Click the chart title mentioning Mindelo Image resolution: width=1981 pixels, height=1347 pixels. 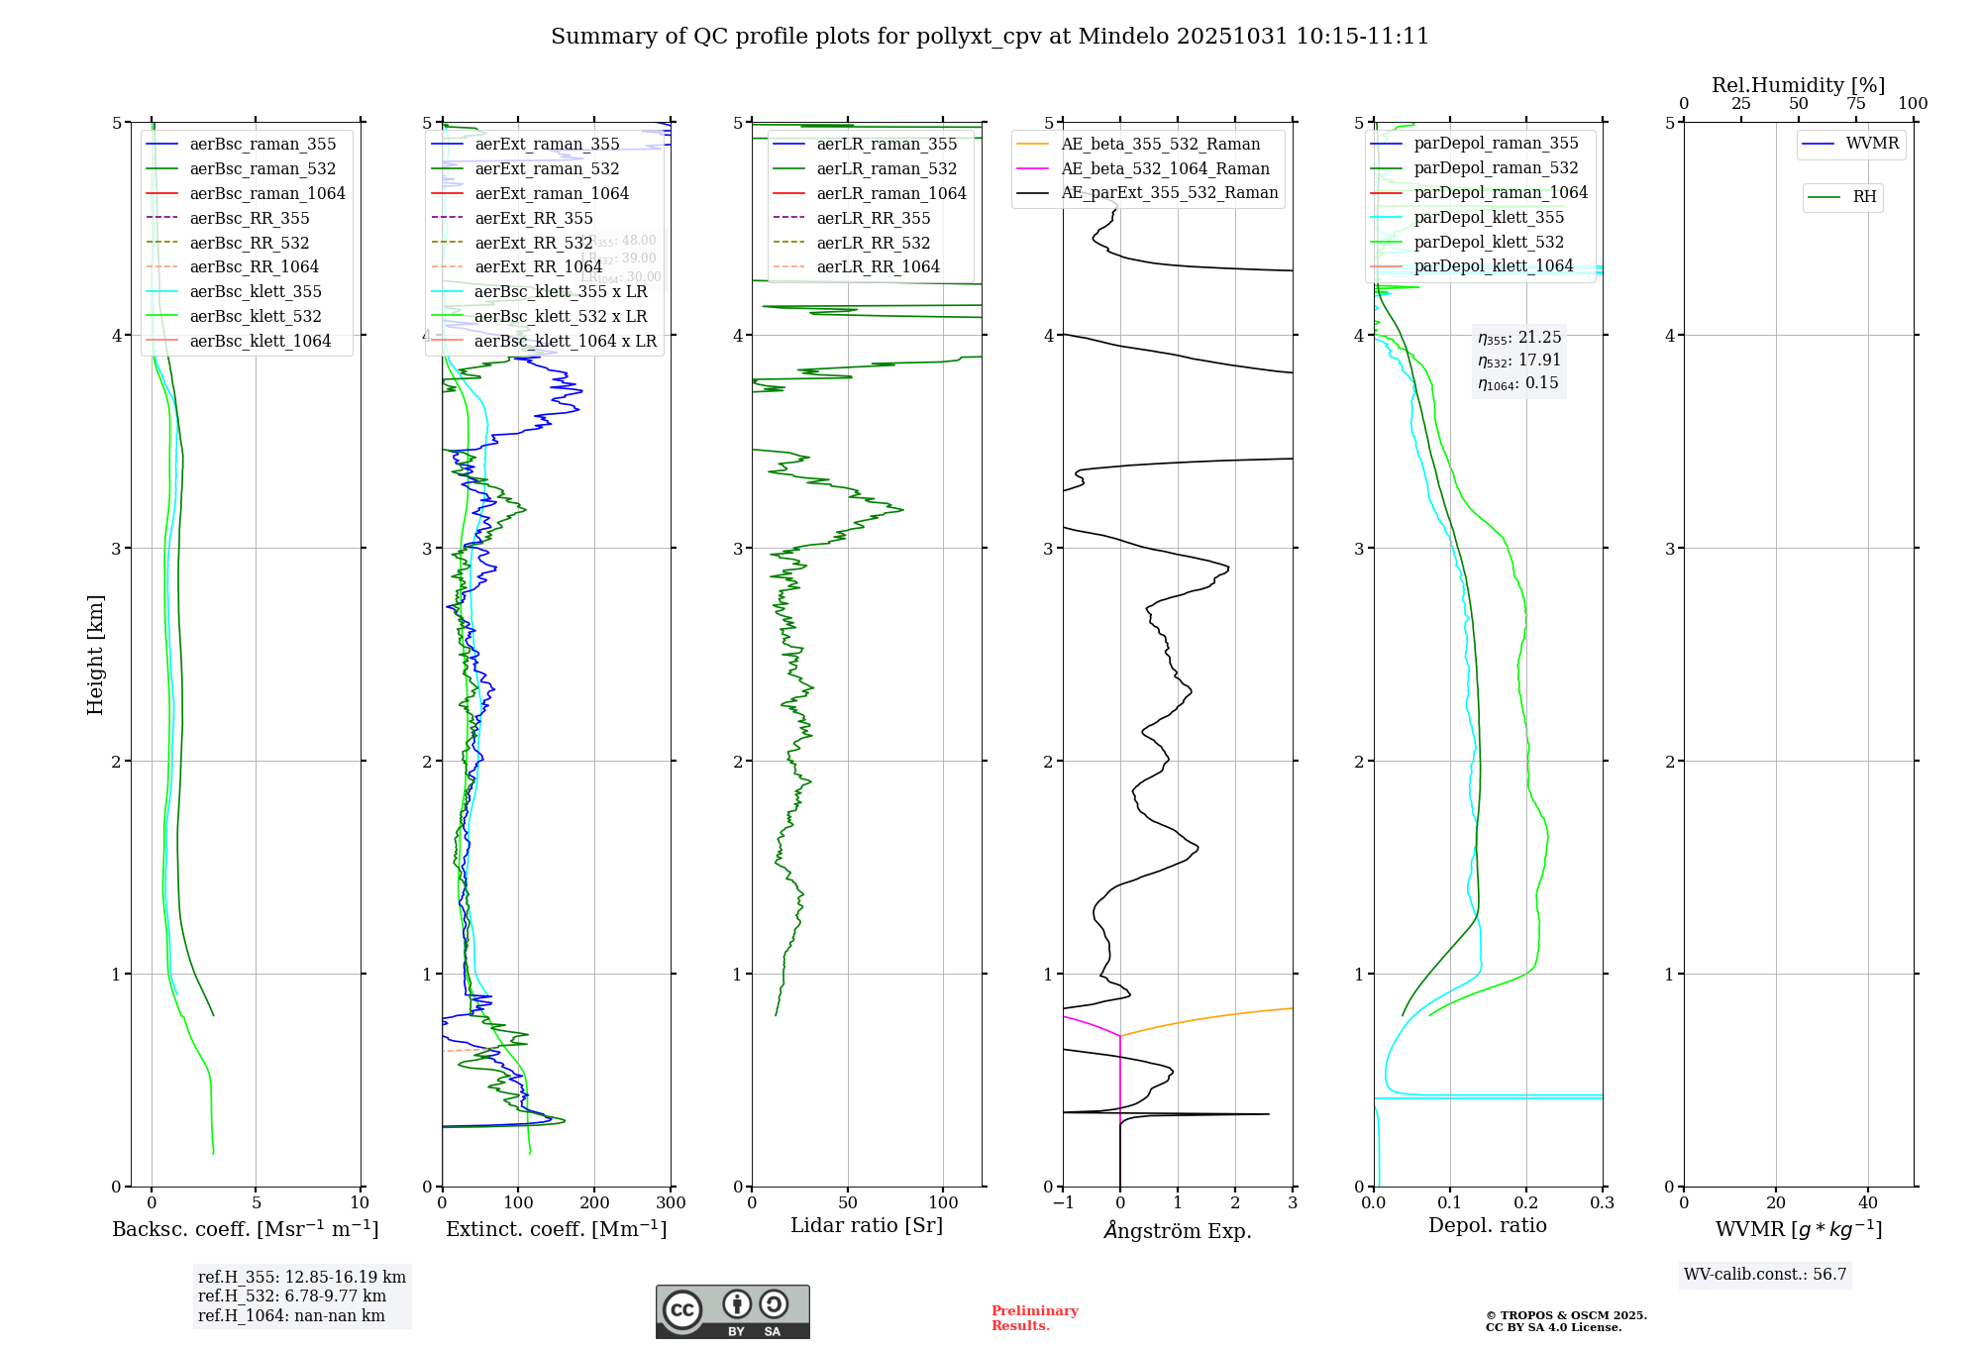click(x=990, y=37)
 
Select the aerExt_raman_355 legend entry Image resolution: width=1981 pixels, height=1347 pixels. click(x=547, y=145)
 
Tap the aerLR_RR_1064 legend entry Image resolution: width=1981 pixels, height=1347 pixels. click(x=878, y=267)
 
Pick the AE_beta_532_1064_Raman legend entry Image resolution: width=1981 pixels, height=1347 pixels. click(x=1165, y=169)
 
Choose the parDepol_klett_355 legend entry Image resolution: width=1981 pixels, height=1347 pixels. click(x=1489, y=218)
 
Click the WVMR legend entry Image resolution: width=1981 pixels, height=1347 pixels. click(x=1872, y=144)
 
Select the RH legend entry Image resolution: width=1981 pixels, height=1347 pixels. click(x=1864, y=197)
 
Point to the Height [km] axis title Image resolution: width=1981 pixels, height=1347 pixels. click(x=95, y=655)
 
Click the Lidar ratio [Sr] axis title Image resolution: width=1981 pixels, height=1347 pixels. click(x=867, y=1225)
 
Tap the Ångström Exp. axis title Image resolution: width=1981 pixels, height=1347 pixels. click(x=1177, y=1230)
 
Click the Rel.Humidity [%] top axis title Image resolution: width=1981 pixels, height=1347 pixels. click(x=1798, y=85)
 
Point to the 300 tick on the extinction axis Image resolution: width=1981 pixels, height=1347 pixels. click(x=671, y=1203)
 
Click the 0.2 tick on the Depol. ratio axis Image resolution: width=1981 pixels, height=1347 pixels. click(x=1526, y=1203)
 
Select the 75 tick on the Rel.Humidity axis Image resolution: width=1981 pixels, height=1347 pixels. click(x=1856, y=104)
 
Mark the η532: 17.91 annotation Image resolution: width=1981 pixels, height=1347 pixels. click(x=1519, y=361)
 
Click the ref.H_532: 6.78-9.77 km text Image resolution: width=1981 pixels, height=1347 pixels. click(x=292, y=1296)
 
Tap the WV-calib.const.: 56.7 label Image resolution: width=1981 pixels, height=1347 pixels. click(x=1765, y=1275)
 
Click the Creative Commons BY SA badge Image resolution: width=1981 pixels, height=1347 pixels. click(x=732, y=1312)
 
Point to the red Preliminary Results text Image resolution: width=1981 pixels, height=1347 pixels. click(x=1034, y=1318)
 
